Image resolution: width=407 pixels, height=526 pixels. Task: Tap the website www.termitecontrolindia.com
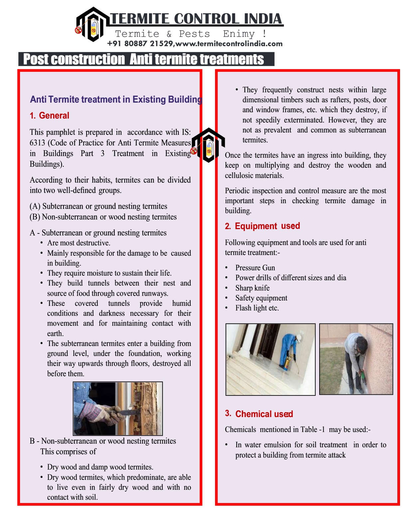229,44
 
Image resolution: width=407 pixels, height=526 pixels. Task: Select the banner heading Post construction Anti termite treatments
144,59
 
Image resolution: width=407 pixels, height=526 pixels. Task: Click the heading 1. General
50,116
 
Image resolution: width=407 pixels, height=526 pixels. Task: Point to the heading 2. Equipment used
262,226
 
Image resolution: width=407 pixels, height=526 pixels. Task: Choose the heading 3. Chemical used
259,414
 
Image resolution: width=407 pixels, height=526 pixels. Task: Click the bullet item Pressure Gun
255,268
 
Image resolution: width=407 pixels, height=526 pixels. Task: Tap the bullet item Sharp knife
252,288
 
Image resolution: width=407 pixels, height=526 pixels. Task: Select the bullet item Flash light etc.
257,308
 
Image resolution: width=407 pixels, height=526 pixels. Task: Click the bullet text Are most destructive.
78,243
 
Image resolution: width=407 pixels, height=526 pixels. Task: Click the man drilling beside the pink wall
355,359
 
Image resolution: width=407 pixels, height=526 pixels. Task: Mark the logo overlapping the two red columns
208,145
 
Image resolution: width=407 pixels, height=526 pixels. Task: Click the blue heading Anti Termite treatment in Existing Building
116,99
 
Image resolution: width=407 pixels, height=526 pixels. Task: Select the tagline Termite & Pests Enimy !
190,34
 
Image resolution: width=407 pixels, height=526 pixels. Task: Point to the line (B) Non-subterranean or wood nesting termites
103,217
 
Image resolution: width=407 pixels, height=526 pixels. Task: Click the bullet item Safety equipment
261,298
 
